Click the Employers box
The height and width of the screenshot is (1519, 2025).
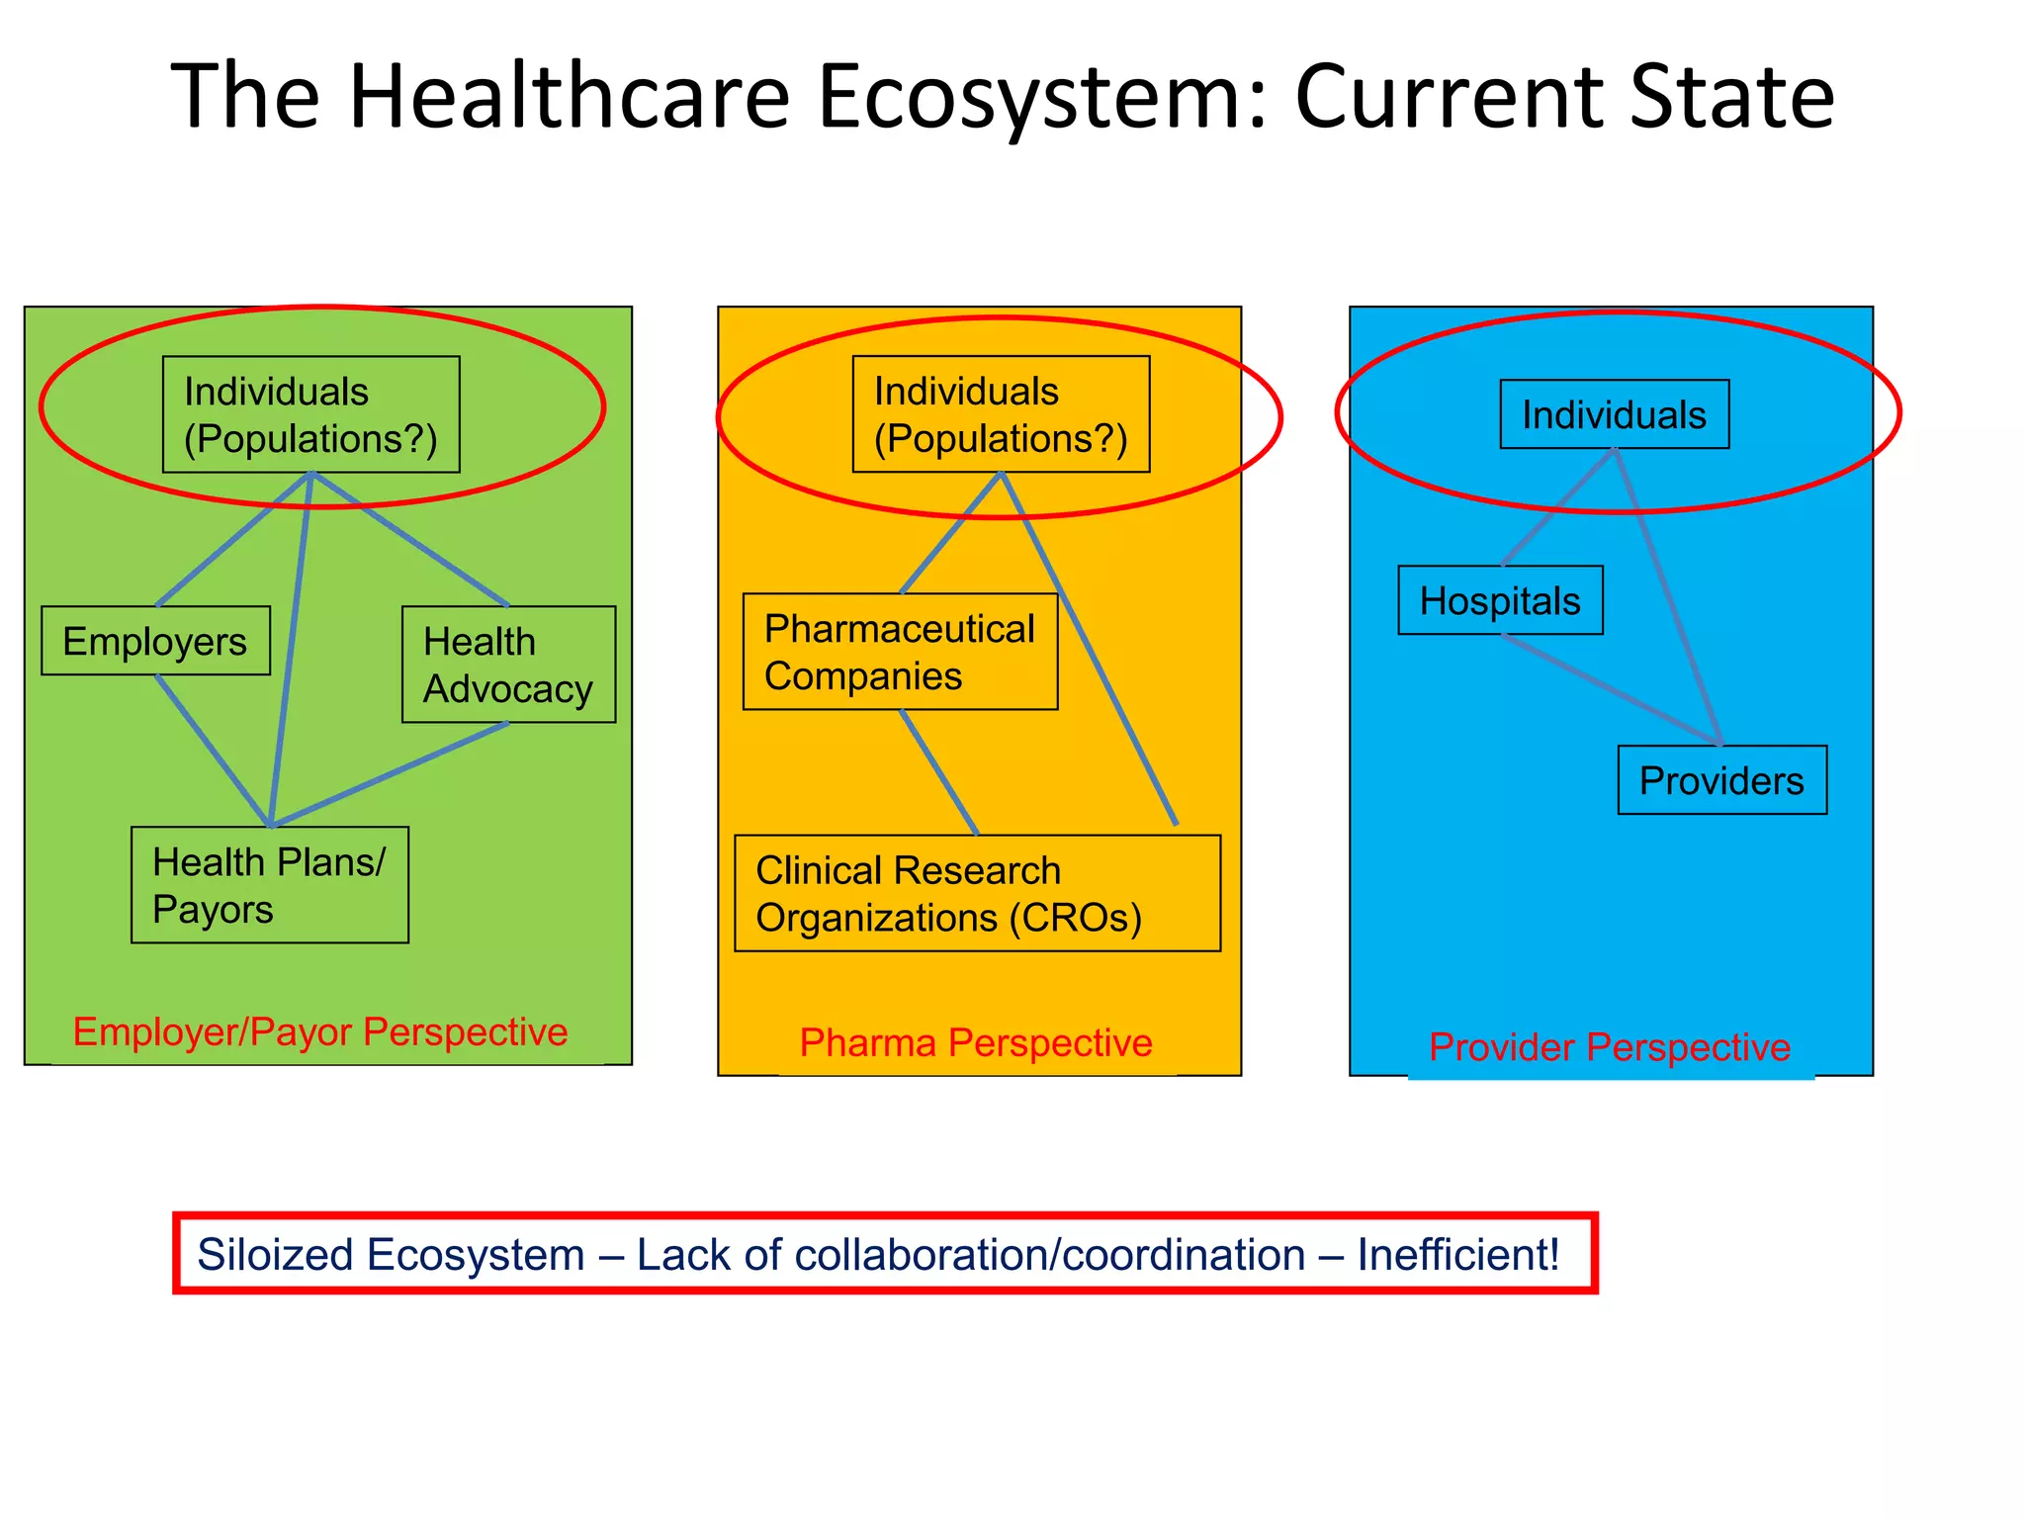(155, 641)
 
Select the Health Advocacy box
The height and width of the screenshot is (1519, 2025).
(508, 665)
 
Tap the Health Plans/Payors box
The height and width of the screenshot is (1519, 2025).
(269, 885)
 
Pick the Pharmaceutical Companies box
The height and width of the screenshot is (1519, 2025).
(900, 652)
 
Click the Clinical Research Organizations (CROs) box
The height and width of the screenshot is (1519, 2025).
(977, 894)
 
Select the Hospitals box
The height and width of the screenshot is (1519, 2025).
(1500, 600)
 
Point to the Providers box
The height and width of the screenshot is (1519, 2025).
(1721, 780)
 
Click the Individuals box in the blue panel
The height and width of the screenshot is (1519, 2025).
(1614, 414)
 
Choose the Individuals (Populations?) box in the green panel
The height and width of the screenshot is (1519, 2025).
(310, 414)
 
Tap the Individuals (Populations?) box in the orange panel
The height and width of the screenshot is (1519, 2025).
(1001, 414)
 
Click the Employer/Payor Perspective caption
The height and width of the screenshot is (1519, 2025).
(320, 1031)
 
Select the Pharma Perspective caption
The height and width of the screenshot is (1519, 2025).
(976, 1042)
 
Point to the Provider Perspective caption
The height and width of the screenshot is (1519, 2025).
(1610, 1046)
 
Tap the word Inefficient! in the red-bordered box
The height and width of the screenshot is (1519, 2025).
(1457, 1254)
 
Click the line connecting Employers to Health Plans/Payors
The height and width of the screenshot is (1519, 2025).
(212, 749)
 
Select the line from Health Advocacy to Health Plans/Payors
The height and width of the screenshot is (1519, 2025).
(391, 774)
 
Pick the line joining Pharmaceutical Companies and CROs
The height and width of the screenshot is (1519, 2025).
(938, 771)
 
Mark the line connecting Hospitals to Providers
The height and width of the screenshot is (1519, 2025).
(1612, 690)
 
